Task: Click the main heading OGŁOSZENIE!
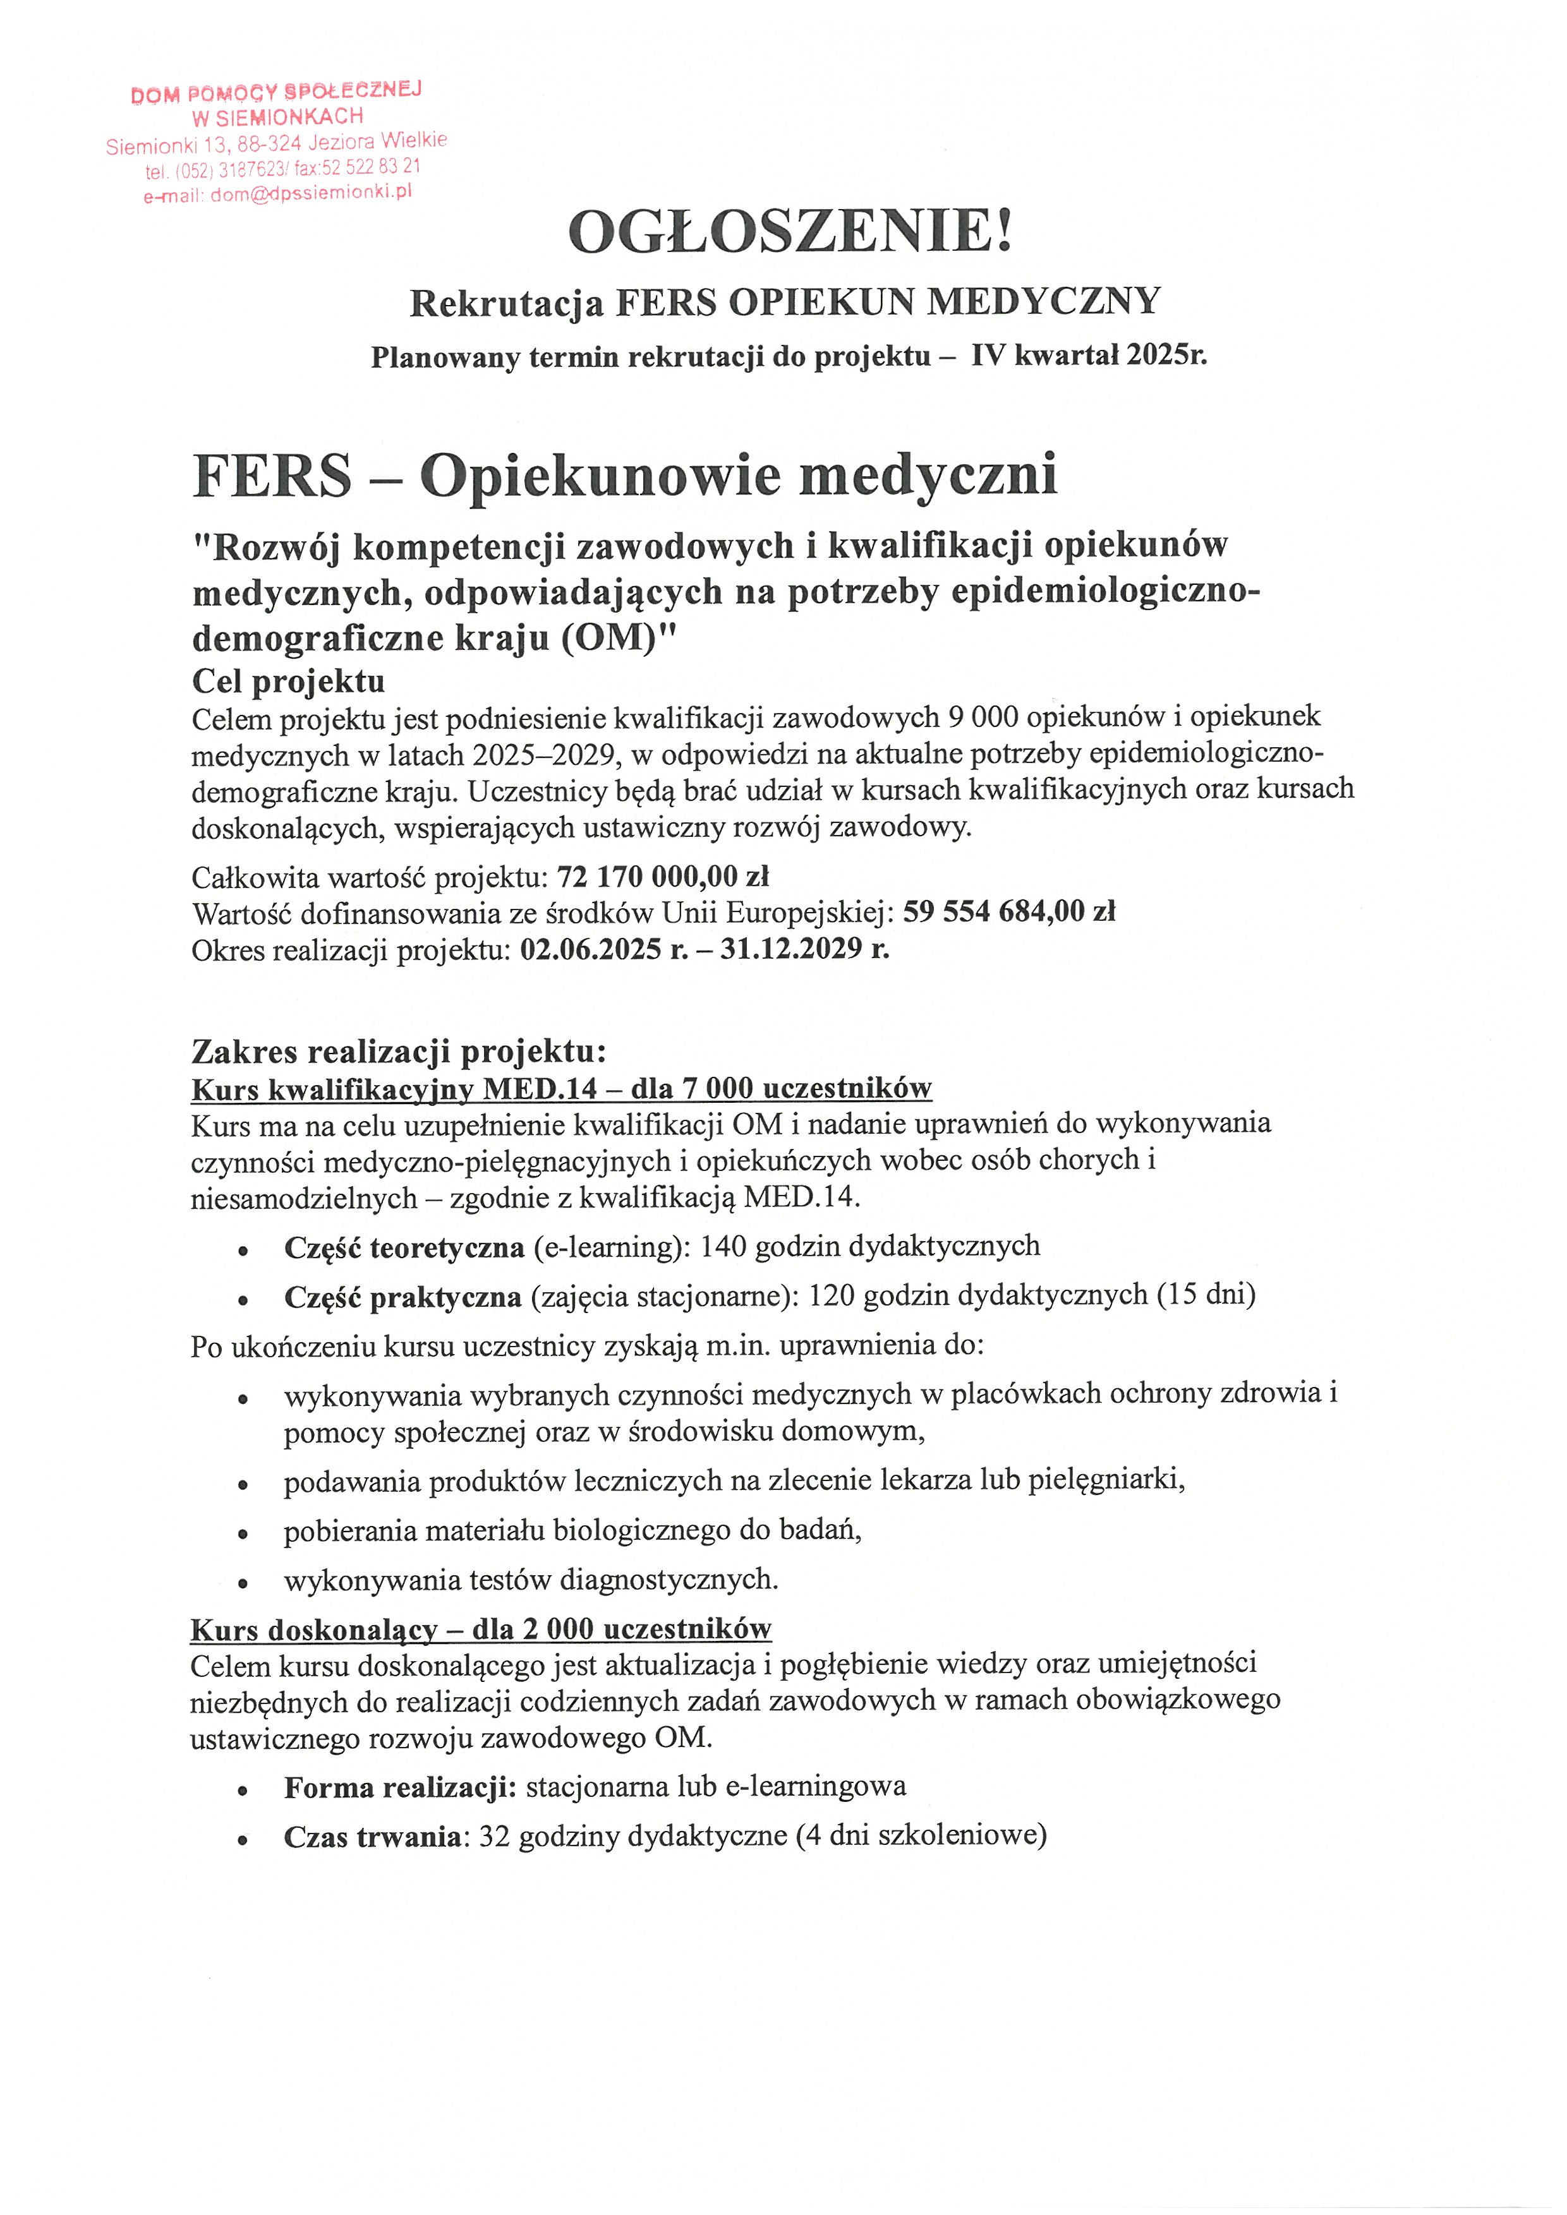point(790,232)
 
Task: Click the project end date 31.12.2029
point(791,949)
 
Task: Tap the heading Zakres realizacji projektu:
point(399,1050)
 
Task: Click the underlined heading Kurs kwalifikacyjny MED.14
point(395,1089)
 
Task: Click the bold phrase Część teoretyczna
point(404,1247)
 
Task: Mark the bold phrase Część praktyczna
point(402,1297)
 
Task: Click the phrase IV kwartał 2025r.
point(1089,356)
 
